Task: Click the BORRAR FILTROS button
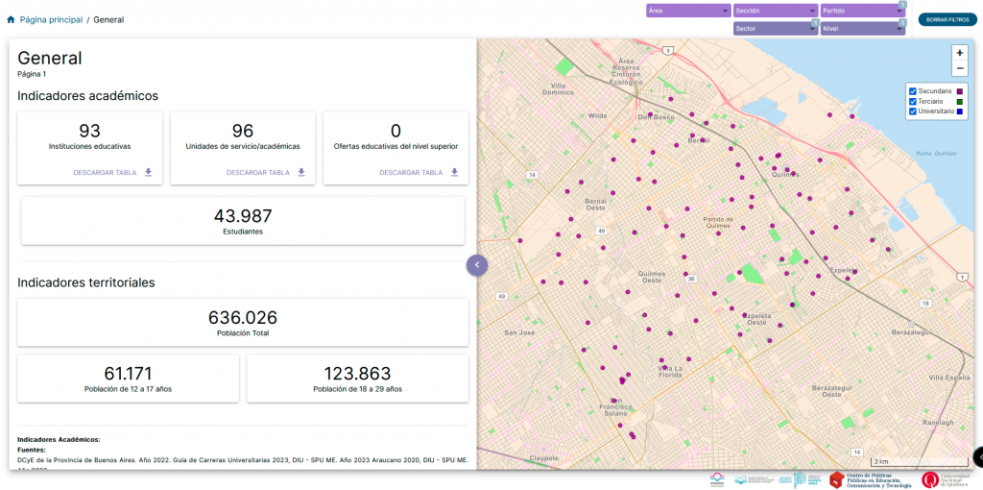[x=947, y=19]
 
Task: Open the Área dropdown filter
[x=688, y=11]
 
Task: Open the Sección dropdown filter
[x=775, y=11]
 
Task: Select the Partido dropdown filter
[x=862, y=11]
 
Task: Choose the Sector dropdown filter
[x=775, y=29]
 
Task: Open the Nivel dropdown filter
[x=862, y=29]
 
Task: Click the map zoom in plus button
[x=960, y=53]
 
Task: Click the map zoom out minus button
[x=960, y=68]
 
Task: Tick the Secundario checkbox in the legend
[x=913, y=91]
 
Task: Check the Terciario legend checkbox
[x=913, y=101]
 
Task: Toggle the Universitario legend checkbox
[x=913, y=111]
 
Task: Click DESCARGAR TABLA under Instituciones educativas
[x=112, y=173]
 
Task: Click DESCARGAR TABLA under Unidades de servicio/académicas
[x=266, y=173]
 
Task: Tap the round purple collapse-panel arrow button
[x=477, y=263]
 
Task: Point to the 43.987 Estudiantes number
[x=243, y=216]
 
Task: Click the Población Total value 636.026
[x=243, y=317]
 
